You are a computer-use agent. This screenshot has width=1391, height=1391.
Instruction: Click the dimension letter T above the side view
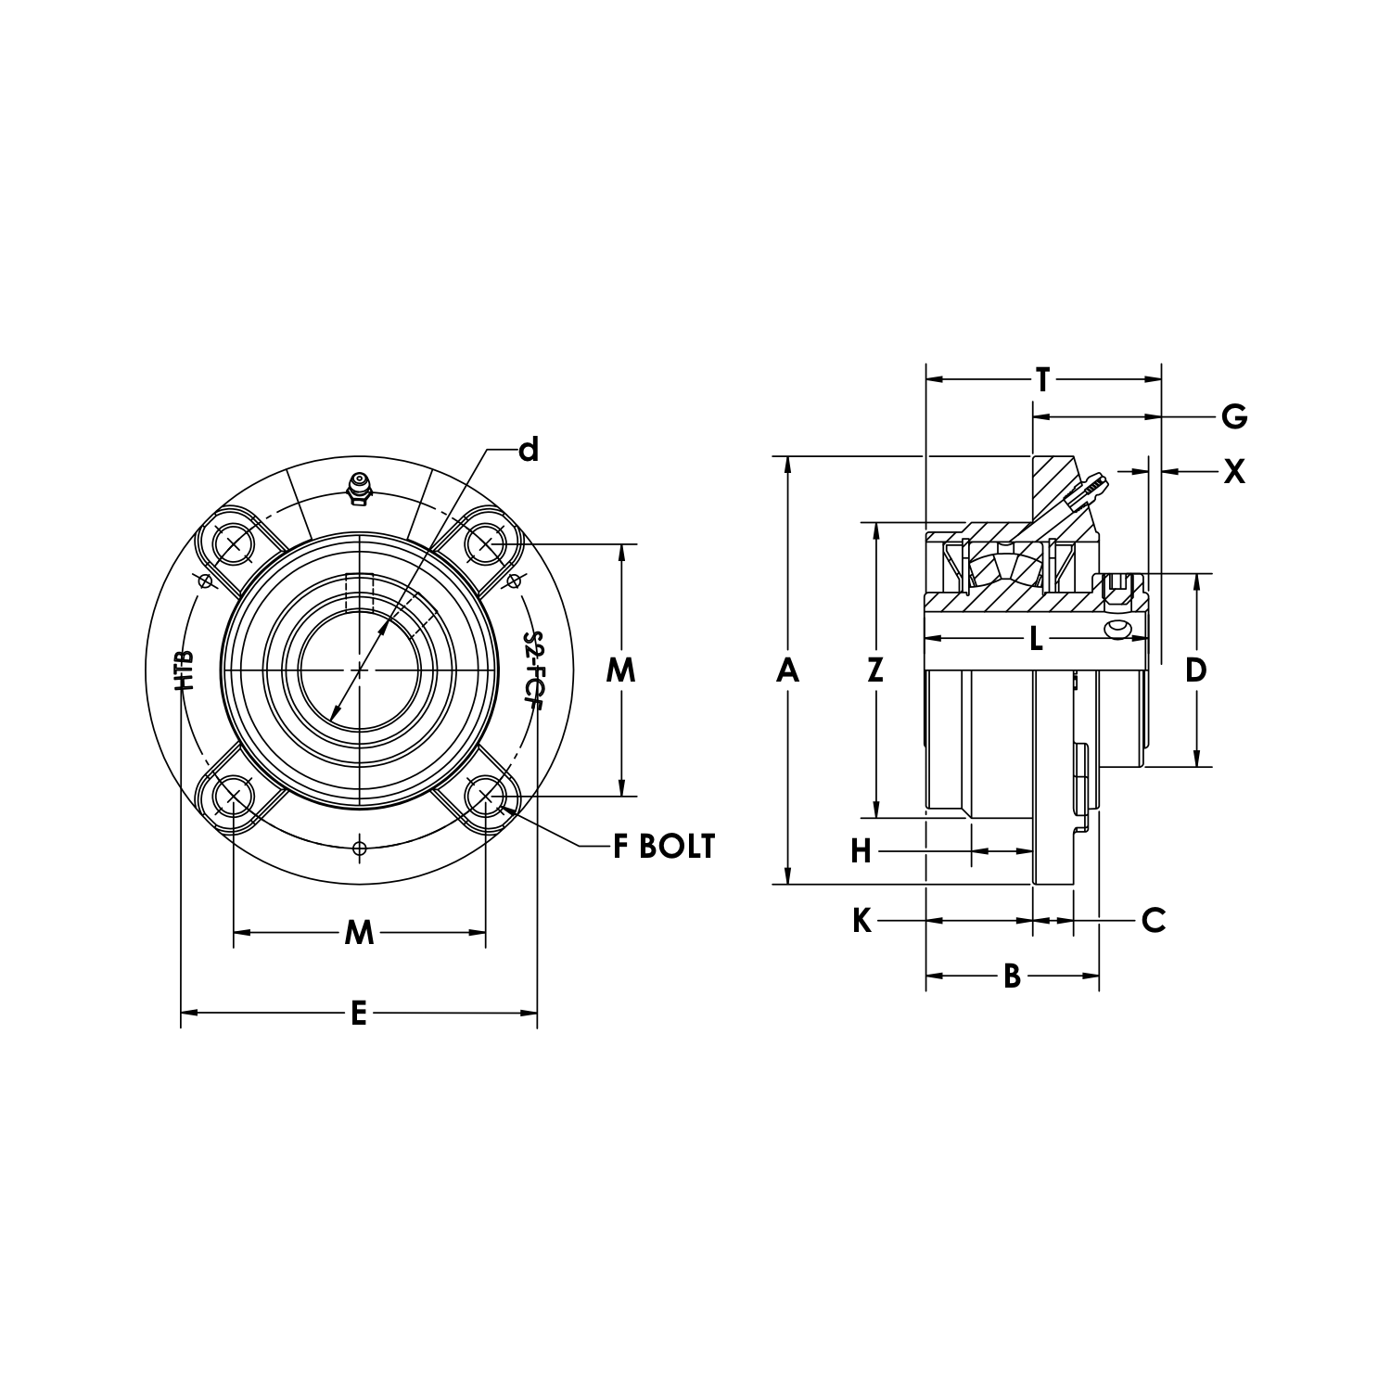[x=1043, y=379]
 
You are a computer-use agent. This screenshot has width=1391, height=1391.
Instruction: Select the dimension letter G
[x=1233, y=417]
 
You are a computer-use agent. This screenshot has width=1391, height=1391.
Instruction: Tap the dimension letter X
[x=1233, y=472]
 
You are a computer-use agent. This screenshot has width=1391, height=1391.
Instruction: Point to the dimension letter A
[x=787, y=670]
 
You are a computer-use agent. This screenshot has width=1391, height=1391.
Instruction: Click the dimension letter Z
[x=875, y=670]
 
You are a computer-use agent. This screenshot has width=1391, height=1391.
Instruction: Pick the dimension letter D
[x=1196, y=670]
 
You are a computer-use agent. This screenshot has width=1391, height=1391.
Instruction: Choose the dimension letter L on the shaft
[x=1036, y=638]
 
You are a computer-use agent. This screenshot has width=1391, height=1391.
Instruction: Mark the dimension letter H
[x=861, y=850]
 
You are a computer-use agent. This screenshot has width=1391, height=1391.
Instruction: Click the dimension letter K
[x=861, y=921]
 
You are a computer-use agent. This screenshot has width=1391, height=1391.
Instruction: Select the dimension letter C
[x=1153, y=921]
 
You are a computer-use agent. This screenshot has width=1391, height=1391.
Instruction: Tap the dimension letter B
[x=1012, y=976]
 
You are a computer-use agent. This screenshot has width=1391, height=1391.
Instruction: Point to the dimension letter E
[x=359, y=1014]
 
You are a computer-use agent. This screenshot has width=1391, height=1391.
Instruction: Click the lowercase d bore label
[x=528, y=450]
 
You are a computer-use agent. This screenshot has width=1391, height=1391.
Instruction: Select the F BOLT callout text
[x=663, y=846]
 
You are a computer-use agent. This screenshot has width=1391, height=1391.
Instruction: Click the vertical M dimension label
[x=620, y=670]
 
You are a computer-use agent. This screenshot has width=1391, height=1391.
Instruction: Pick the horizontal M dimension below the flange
[x=359, y=932]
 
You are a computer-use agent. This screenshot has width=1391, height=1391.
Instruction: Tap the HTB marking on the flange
[x=185, y=670]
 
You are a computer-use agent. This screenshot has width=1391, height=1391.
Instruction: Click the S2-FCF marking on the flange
[x=532, y=670]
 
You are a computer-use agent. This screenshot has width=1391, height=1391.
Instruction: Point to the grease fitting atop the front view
[x=358, y=489]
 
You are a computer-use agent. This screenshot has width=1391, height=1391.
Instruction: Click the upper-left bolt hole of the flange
[x=232, y=542]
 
